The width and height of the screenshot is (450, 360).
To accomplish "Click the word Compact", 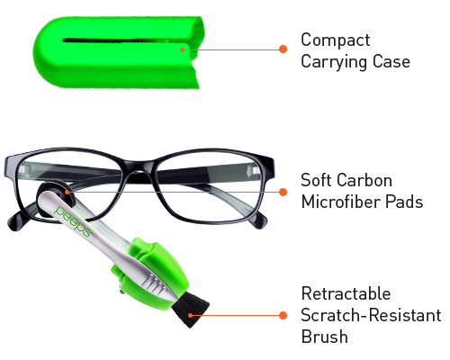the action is click(336, 40).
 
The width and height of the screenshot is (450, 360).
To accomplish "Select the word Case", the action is click(391, 62).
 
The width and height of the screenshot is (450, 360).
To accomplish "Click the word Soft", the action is click(316, 180).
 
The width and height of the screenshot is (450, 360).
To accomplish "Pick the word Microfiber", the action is click(340, 202).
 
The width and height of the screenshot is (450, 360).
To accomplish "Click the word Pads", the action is click(404, 202).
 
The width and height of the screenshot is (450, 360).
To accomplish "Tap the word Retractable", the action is click(346, 293).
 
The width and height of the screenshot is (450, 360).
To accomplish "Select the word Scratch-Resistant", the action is click(371, 315).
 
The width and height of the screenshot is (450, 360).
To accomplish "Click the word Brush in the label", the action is click(325, 337).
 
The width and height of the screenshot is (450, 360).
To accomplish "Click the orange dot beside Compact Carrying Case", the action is click(283, 49).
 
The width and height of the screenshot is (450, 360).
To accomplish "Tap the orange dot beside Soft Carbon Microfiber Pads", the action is click(283, 192).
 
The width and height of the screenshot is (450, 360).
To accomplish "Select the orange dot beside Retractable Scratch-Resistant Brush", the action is click(283, 315).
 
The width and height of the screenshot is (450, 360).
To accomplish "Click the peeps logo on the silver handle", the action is click(73, 221).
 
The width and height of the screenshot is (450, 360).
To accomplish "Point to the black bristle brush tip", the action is click(190, 310).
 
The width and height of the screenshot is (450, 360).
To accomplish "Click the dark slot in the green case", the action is click(124, 40).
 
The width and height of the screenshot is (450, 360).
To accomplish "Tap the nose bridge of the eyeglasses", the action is click(139, 169).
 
